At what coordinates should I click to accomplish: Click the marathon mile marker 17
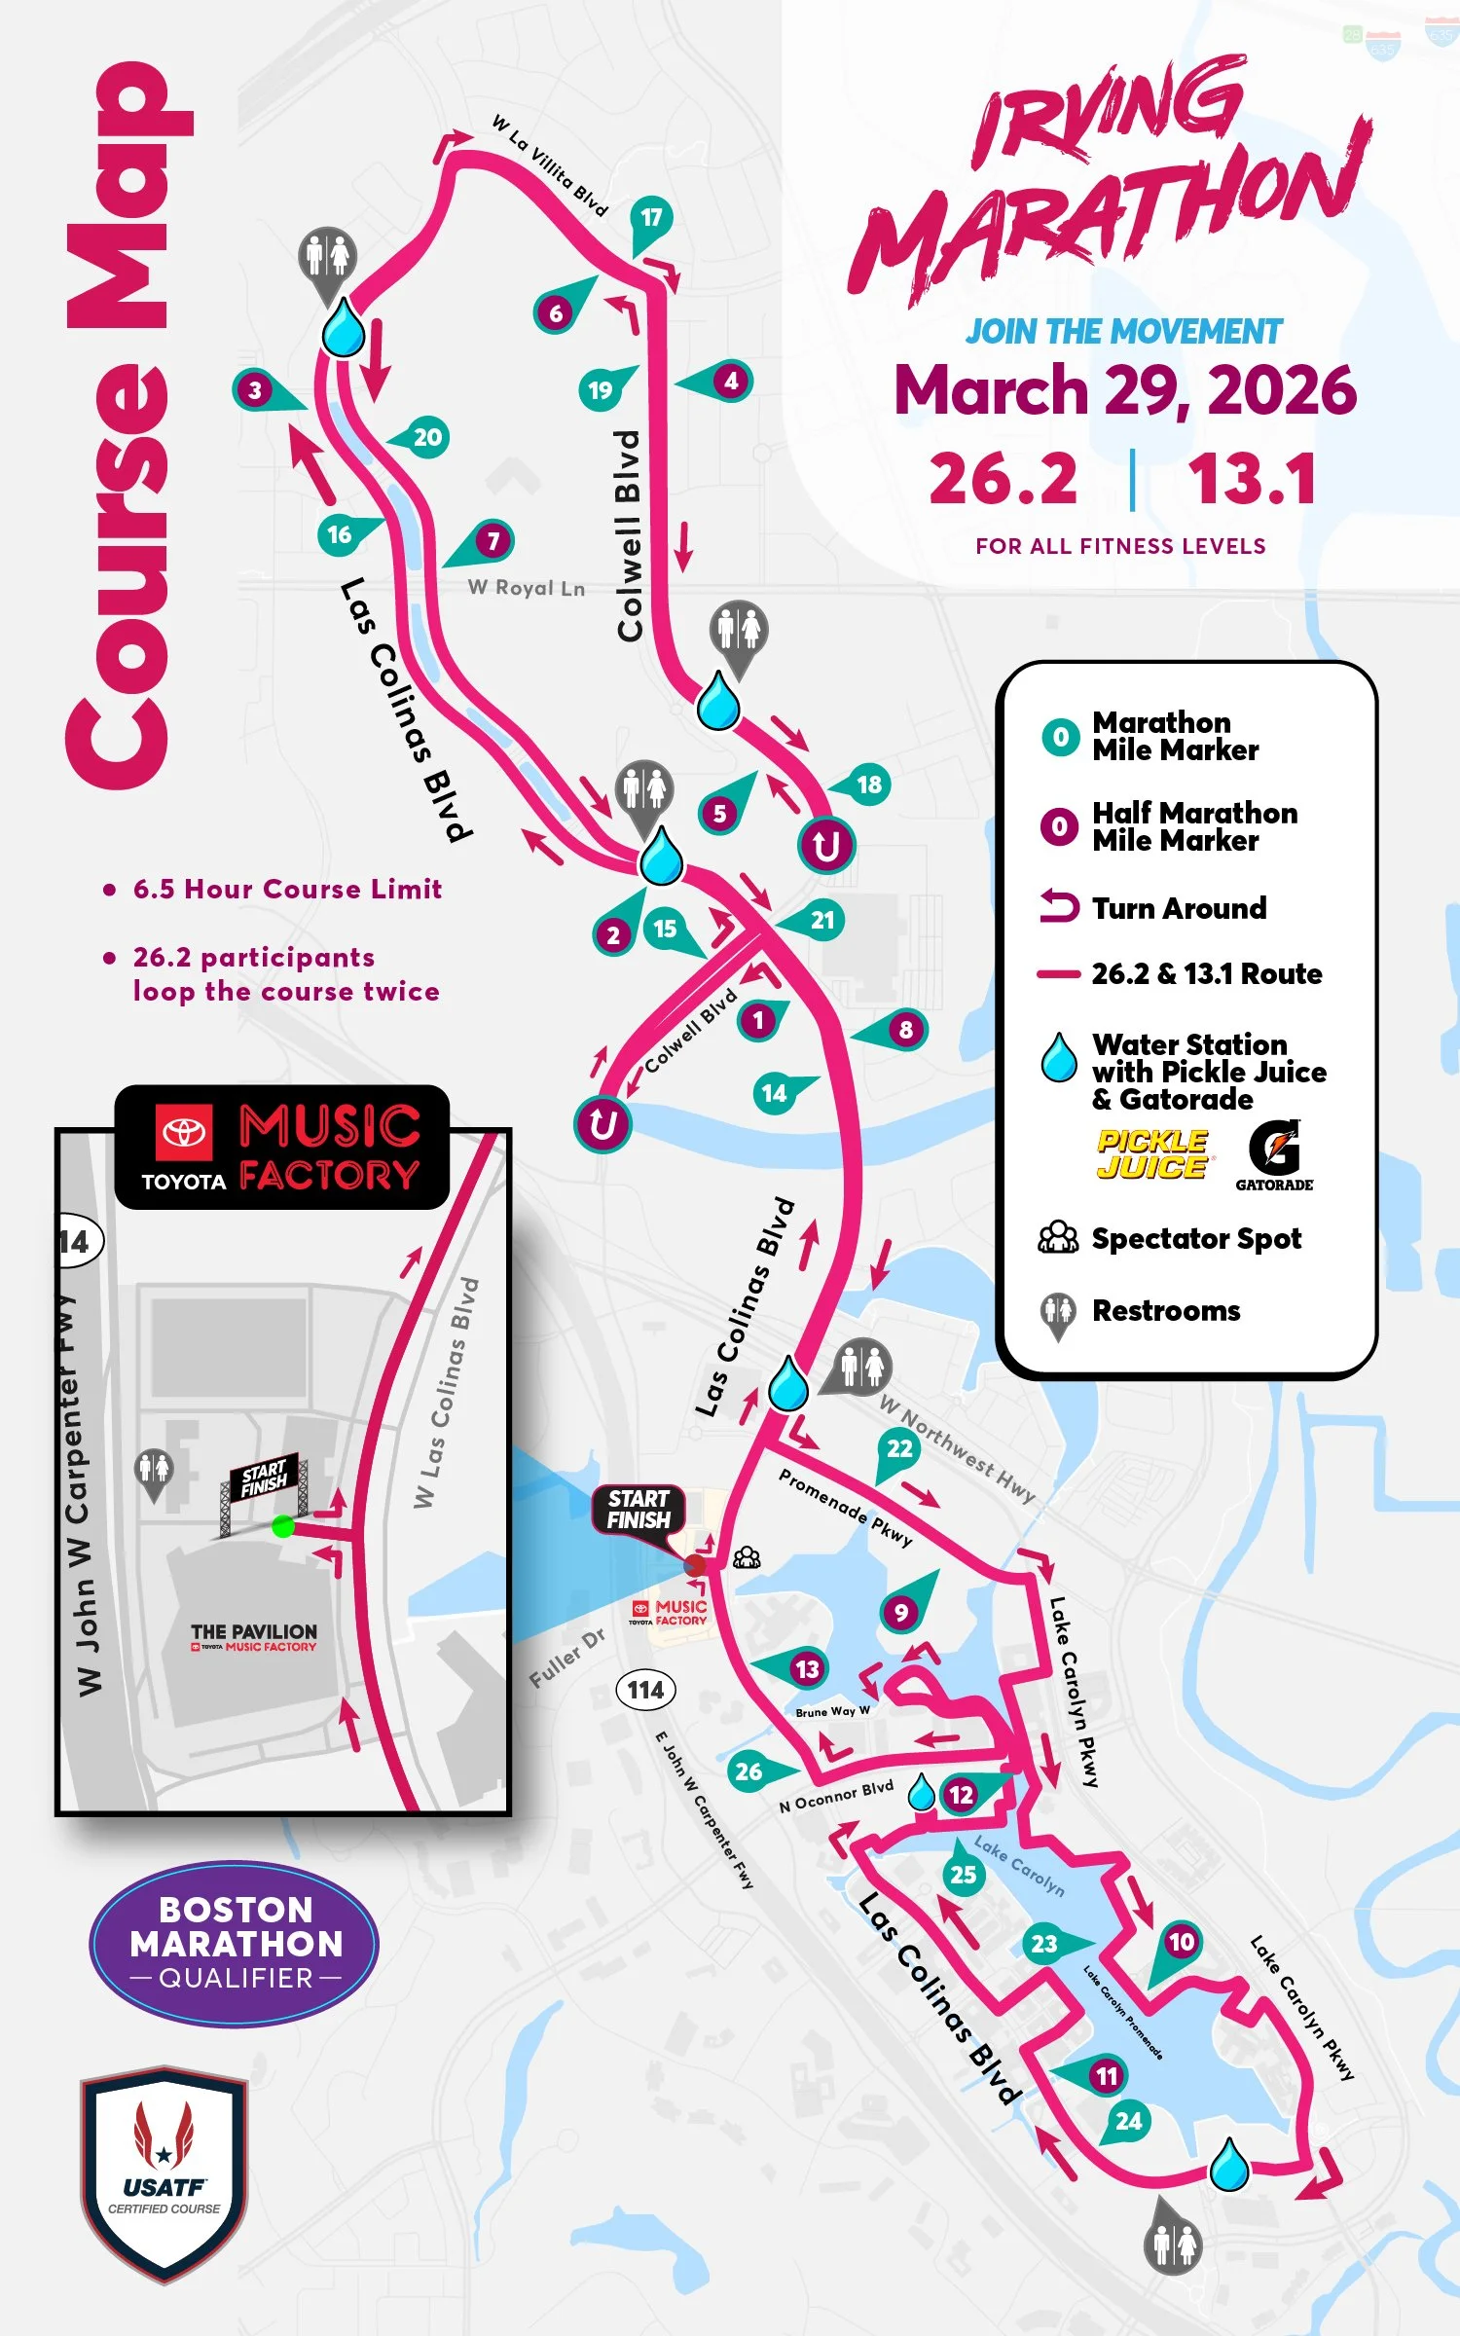click(651, 218)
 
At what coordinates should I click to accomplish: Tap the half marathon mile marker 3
click(255, 390)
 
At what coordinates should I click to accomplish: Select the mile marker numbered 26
click(748, 1770)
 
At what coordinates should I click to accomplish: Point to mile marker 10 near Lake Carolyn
click(1181, 1942)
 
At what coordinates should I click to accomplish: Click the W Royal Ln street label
click(527, 588)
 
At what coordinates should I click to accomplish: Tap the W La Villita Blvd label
click(550, 165)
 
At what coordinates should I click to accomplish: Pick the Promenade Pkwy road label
click(845, 1508)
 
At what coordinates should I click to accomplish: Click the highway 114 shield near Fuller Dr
click(645, 1690)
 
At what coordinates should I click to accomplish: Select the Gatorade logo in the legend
click(1274, 1155)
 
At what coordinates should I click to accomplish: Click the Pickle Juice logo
click(1152, 1154)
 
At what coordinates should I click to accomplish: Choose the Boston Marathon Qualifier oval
click(235, 1944)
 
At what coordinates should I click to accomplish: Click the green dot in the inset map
click(283, 1525)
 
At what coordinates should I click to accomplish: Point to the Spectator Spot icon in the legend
click(1058, 1237)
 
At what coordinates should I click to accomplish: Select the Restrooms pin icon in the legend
click(1057, 1314)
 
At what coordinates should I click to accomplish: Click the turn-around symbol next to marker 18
click(826, 845)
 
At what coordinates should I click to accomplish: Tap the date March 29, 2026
click(1125, 389)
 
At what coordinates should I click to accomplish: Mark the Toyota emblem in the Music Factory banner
click(183, 1132)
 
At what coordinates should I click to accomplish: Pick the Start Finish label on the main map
click(639, 1509)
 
